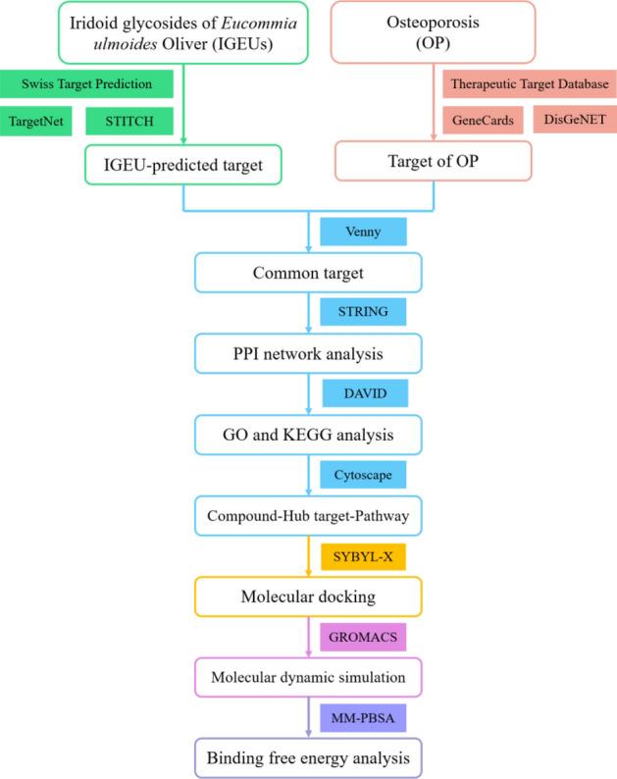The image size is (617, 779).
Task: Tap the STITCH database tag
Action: (129, 121)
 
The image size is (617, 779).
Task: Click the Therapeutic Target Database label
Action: (530, 85)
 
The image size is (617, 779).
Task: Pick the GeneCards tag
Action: (481, 121)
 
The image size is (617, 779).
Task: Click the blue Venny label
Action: (364, 232)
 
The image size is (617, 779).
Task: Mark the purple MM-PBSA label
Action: (364, 718)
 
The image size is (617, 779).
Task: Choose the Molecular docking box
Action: (308, 595)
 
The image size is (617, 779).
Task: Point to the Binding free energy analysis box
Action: (308, 758)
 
